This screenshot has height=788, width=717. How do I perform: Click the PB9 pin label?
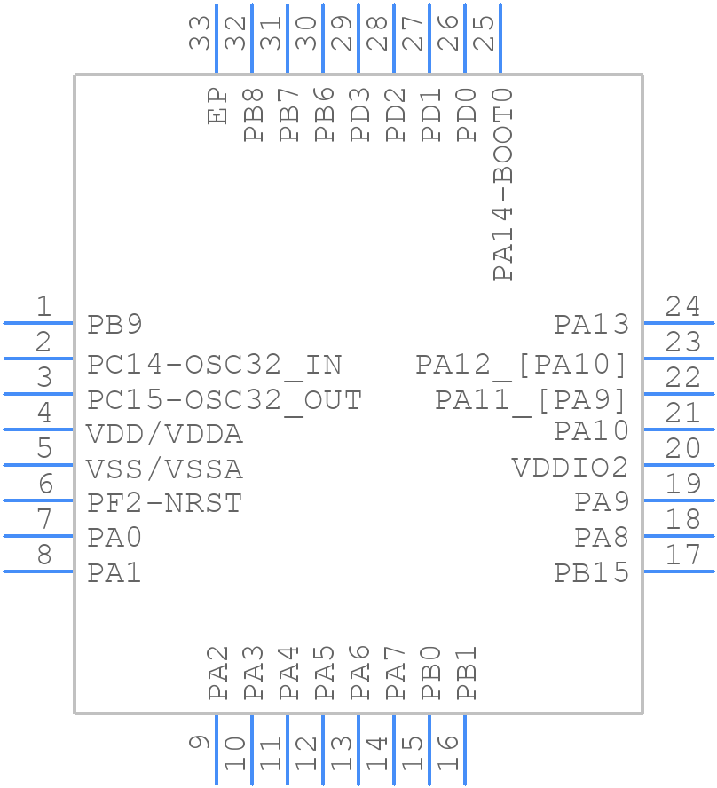point(114,325)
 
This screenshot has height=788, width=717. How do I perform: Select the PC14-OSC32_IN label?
point(214,365)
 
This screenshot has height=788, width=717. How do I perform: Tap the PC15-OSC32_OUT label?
point(224,400)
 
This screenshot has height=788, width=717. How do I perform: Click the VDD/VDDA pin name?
point(164,435)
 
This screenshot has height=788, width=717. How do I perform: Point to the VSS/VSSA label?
point(164,469)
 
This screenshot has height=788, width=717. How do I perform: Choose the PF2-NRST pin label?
point(164,503)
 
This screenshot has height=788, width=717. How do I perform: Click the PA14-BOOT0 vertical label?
point(503,184)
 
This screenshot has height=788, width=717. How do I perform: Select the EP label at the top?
point(217,106)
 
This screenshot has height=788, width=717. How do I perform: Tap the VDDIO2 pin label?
point(570,468)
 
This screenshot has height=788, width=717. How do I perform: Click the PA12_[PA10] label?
point(522,365)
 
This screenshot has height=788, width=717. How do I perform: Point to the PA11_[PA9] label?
point(531,400)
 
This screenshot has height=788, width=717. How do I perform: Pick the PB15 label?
point(591,573)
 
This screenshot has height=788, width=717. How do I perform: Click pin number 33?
point(201,33)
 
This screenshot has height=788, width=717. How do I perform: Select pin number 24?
point(682,307)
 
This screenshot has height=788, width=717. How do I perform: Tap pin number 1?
point(43,307)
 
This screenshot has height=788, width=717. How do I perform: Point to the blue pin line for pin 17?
point(678,571)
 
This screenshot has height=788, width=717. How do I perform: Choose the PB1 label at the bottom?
point(467,674)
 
